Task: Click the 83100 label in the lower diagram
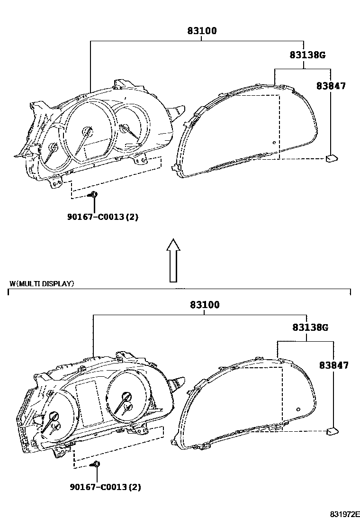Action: coord(205,305)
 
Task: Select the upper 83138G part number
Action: coord(307,55)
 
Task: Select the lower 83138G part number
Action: coord(310,327)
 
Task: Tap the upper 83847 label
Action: coord(331,86)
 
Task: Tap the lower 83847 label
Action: coord(333,365)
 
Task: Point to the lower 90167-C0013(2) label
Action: coord(105,487)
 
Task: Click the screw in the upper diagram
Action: coord(94,194)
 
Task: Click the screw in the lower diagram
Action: coord(96,464)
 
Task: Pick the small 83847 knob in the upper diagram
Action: coord(331,158)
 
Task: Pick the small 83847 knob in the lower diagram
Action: coord(333,431)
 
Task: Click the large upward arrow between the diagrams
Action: coord(174,260)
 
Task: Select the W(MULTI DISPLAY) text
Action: coord(42,284)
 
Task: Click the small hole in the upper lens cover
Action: coord(274,142)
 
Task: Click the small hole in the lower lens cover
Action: coord(297,409)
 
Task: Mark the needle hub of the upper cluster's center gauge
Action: coord(87,131)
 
